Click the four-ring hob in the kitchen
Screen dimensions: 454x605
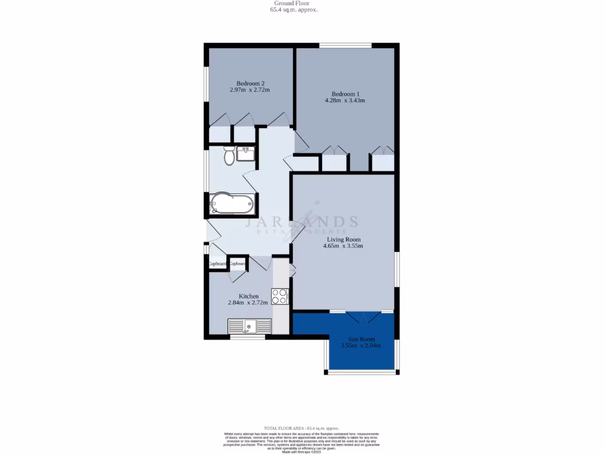click(279, 296)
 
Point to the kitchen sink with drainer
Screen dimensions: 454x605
click(249, 325)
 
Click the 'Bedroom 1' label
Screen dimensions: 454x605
click(345, 94)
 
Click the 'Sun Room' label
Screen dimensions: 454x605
click(361, 339)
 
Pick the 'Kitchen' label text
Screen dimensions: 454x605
click(248, 296)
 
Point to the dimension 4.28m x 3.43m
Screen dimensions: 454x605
click(345, 100)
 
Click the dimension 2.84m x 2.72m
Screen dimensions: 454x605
click(248, 303)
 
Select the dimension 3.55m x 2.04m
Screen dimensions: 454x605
click(361, 346)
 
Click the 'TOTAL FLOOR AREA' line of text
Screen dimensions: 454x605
click(302, 427)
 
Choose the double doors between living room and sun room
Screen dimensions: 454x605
click(362, 316)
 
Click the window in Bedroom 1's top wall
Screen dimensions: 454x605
click(346, 46)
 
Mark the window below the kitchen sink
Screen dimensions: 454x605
click(247, 338)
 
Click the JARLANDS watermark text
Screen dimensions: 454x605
click(301, 222)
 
